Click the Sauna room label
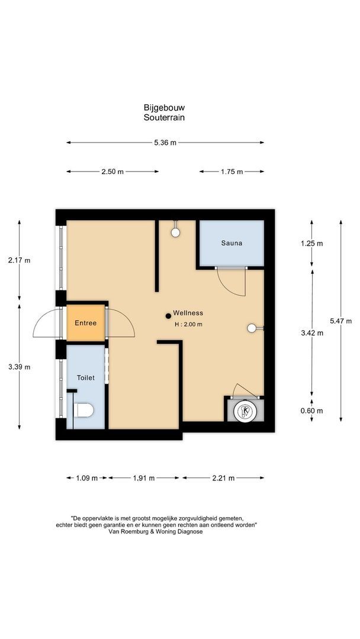[x=232, y=243]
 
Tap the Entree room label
[x=85, y=323]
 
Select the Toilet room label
[x=85, y=377]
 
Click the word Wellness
[x=188, y=313]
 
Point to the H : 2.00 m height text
[x=188, y=324]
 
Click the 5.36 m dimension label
[x=165, y=143]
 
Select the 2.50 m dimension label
[x=112, y=172]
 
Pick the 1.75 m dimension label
[x=232, y=172]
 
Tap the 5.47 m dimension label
[x=340, y=321]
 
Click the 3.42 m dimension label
[x=312, y=333]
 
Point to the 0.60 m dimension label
[x=312, y=411]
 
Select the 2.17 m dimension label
[x=19, y=260]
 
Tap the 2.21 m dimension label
[x=223, y=478]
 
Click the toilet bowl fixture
[x=83, y=409]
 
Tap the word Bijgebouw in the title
[x=164, y=108]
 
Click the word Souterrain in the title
[x=164, y=117]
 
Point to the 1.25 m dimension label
[x=312, y=243]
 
